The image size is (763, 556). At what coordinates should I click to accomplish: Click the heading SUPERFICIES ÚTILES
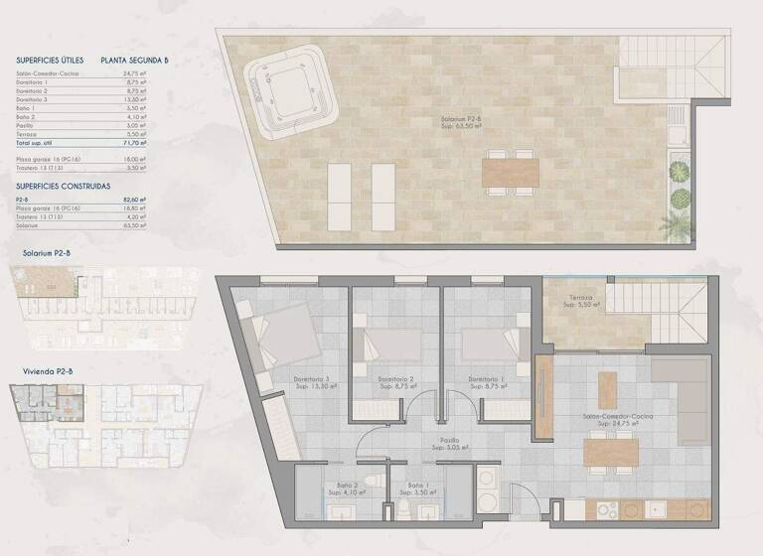pyautogui.click(x=51, y=61)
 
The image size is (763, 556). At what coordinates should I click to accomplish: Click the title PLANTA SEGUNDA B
pyautogui.click(x=134, y=61)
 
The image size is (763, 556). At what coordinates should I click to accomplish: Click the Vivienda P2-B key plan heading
pyautogui.click(x=48, y=372)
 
